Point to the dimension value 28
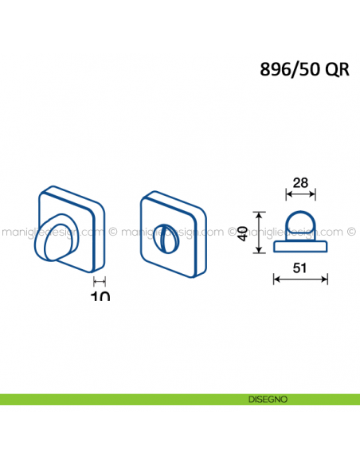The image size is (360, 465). pos(300,182)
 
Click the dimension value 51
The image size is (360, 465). pos(300,268)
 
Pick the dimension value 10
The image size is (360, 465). pos(100,295)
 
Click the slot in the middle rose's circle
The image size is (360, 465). pos(169,236)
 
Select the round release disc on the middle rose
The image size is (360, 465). pos(169,237)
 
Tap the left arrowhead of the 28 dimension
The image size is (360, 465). pos(288,193)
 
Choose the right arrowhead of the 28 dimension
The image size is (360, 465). pos(314,193)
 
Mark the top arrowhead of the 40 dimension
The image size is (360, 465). pos(257,213)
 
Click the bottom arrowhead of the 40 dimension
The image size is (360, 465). pos(257,251)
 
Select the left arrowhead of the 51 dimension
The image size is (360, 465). pos(276,279)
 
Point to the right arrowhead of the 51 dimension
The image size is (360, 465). pos(327,279)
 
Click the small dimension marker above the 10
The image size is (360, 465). pos(100,281)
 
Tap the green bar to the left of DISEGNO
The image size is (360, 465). pos(119,399)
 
